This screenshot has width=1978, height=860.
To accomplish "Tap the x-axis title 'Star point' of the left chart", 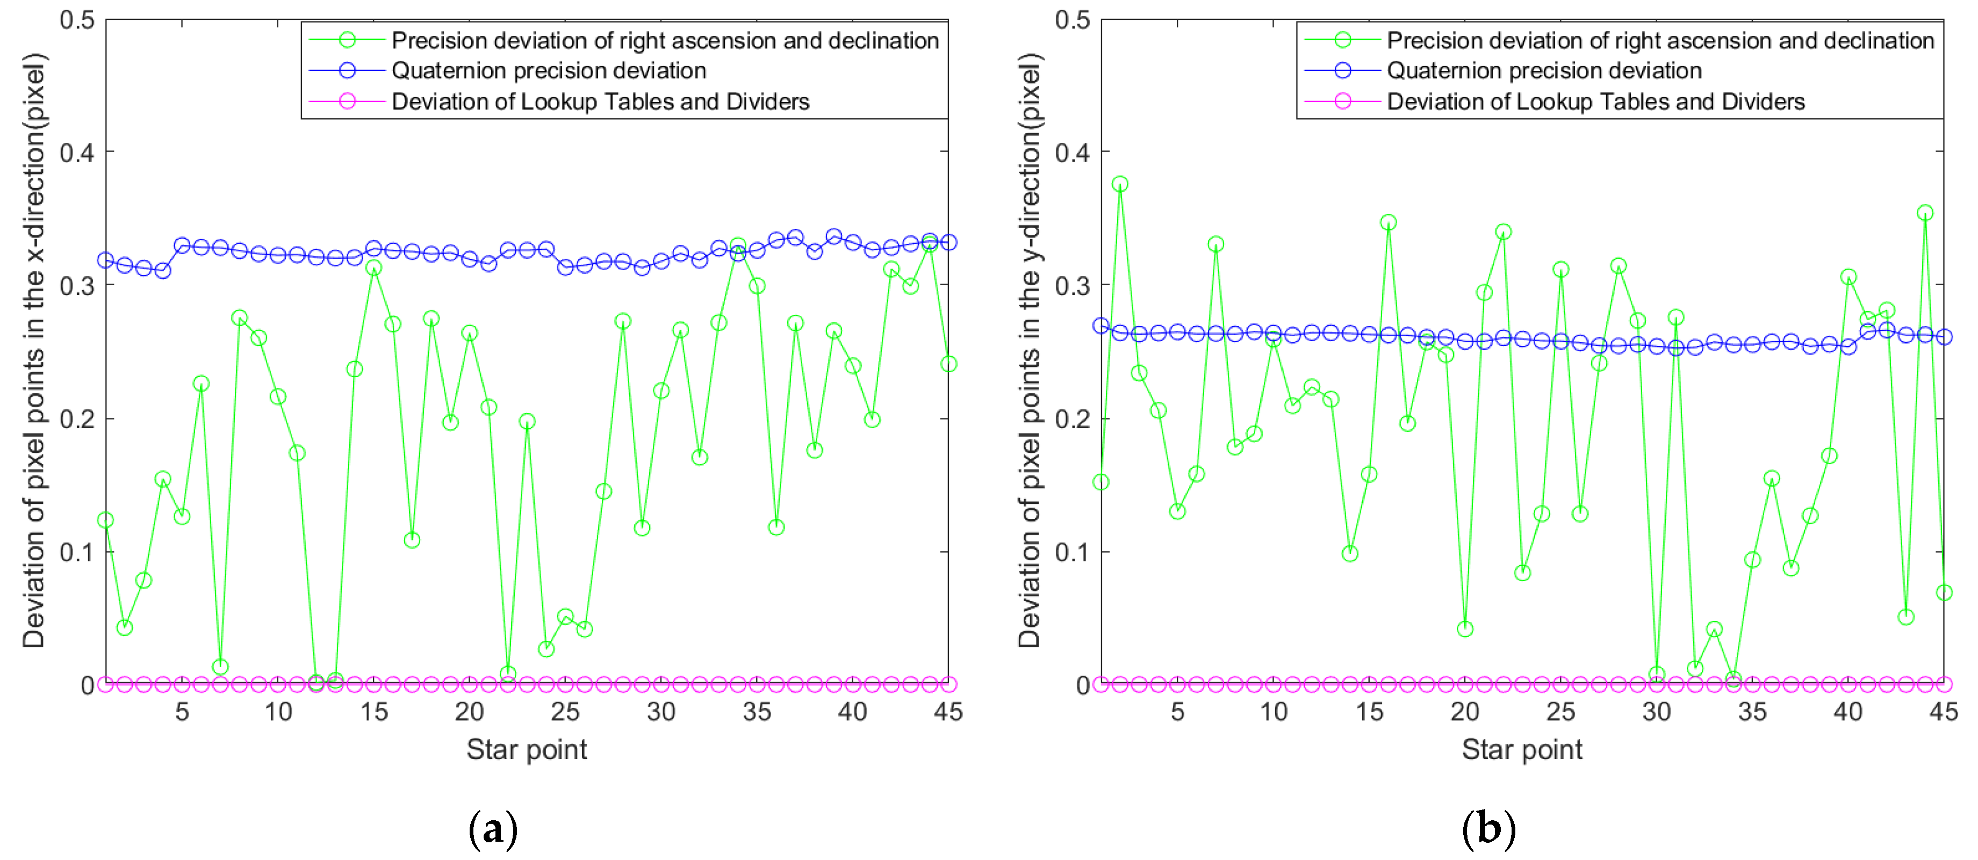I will (x=526, y=749).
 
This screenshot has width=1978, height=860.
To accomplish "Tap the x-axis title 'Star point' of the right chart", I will (x=1521, y=749).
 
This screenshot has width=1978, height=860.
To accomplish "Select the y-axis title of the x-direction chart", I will (x=34, y=351).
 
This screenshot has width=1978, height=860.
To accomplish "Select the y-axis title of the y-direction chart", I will (x=1030, y=351).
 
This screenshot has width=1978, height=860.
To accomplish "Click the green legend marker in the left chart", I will (x=347, y=40).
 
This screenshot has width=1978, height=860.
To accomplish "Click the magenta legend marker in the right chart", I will (x=1342, y=102).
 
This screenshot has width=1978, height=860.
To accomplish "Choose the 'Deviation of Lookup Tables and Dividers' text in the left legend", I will (x=600, y=102).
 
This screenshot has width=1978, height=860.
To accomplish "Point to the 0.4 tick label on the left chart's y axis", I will (x=77, y=152).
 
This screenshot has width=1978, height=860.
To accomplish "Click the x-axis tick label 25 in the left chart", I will (x=565, y=712).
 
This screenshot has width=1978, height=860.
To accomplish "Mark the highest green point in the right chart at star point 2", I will (x=1119, y=184).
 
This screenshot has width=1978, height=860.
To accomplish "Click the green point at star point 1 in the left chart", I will (x=105, y=521).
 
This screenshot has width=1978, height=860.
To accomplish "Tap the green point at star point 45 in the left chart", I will (x=948, y=364).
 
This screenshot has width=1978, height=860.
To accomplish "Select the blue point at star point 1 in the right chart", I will (x=1101, y=326).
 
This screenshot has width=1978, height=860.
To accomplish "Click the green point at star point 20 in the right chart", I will (x=1464, y=629).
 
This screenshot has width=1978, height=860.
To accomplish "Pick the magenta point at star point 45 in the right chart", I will (x=1944, y=684).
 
